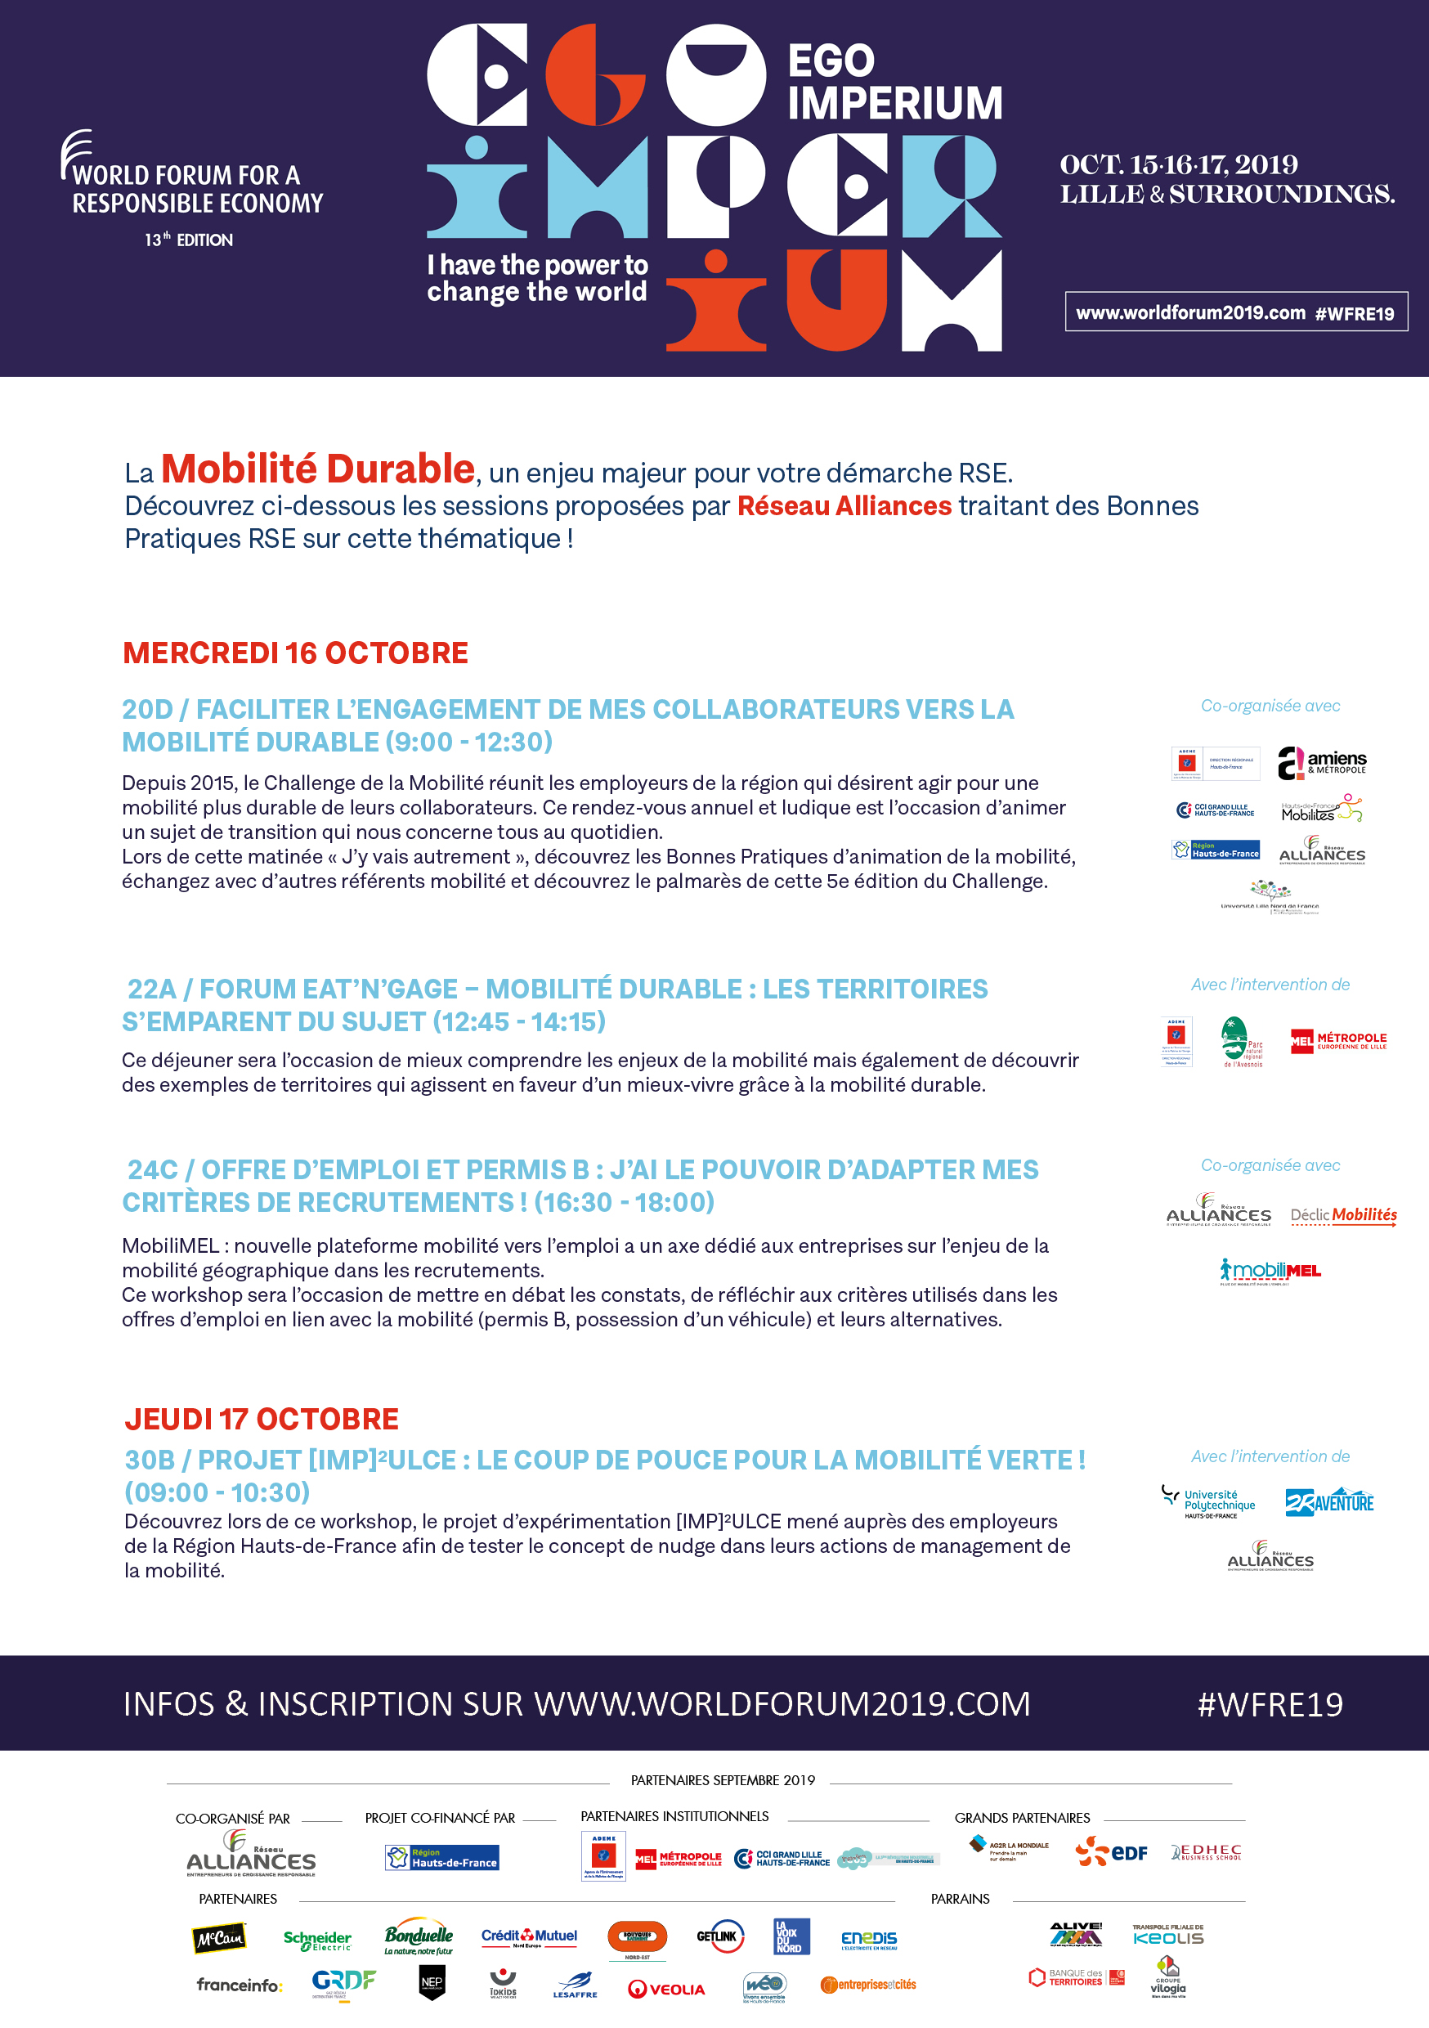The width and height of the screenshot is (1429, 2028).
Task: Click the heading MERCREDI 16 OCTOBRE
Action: coord(295,653)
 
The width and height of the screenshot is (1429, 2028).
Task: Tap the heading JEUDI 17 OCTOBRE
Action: coord(262,1419)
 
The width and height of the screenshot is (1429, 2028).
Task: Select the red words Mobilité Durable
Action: coord(318,469)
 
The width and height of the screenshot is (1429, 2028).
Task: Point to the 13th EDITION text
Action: coord(189,240)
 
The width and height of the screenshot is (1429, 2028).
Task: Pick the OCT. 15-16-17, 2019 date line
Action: coord(1178,164)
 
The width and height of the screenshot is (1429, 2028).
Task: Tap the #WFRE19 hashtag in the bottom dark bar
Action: coord(1269,1704)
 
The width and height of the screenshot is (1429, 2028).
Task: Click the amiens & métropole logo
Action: coord(1321,763)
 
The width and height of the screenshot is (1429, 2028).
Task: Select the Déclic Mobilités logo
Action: coord(1343,1215)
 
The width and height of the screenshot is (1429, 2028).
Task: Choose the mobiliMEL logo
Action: coord(1270,1271)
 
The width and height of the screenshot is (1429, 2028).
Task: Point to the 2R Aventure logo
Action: coord(1329,1501)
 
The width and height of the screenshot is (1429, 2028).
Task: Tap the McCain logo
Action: coord(219,1939)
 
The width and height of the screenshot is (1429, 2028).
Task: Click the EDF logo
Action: coord(1111,1852)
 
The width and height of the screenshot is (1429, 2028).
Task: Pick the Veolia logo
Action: coord(666,1988)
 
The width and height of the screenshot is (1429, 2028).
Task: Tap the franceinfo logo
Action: coord(239,1985)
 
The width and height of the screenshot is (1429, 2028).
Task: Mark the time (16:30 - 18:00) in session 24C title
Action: coord(624,1202)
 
